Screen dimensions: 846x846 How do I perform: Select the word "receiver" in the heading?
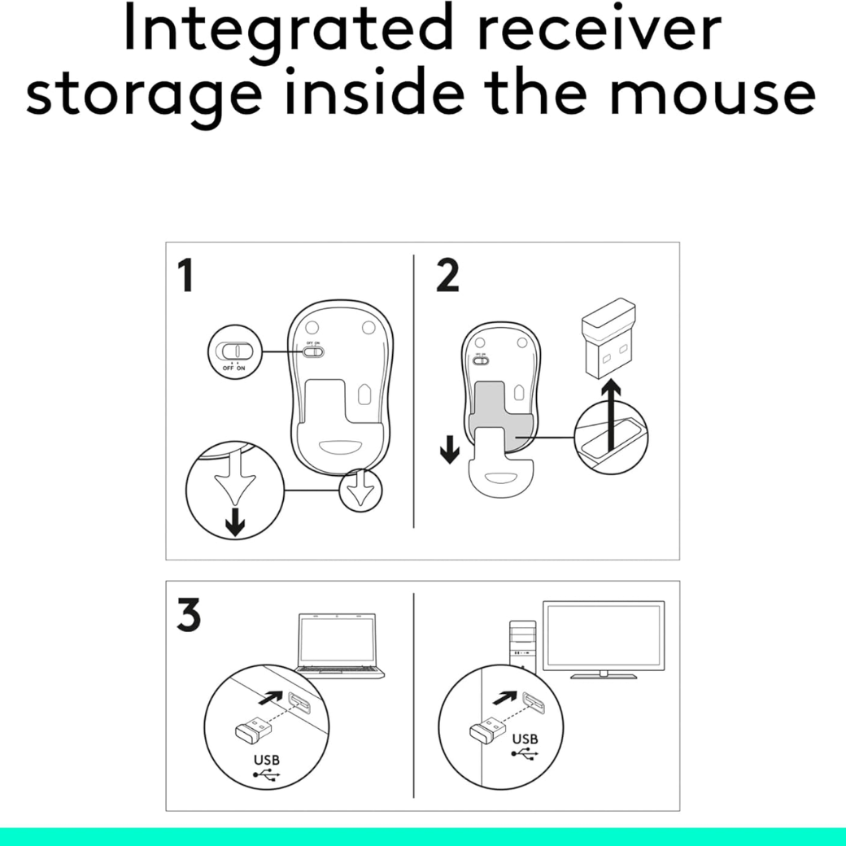click(600, 29)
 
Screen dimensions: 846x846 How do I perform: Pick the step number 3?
click(188, 614)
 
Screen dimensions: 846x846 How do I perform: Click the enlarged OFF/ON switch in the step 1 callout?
click(234, 351)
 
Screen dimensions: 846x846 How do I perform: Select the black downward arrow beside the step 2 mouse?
click(449, 449)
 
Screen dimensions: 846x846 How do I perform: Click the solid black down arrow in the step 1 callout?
click(235, 521)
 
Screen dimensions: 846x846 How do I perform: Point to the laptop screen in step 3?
click(338, 641)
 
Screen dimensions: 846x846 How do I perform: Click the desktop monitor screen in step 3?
click(604, 636)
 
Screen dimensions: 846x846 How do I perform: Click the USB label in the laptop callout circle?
click(267, 760)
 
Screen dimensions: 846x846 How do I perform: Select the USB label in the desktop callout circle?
click(525, 739)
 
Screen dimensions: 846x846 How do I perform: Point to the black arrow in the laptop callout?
click(271, 698)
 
